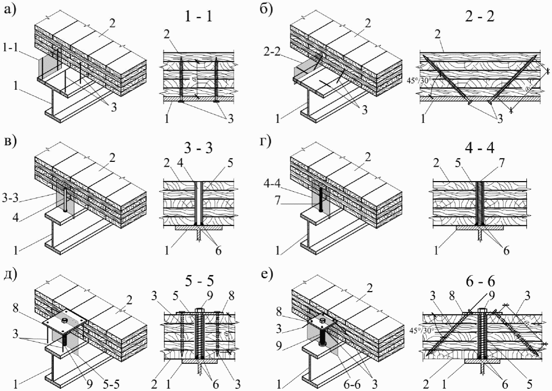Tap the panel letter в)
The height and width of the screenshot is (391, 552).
[x=11, y=142]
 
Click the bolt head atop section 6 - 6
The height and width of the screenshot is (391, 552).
[x=480, y=311]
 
